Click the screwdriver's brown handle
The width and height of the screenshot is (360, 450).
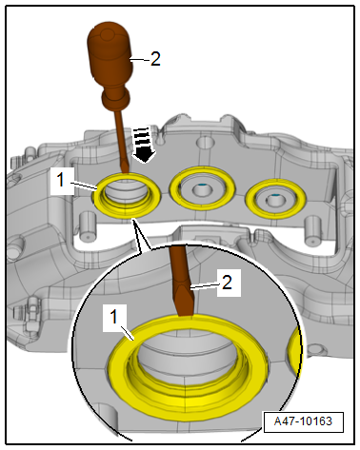click(110, 54)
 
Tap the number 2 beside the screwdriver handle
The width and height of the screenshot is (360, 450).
click(155, 59)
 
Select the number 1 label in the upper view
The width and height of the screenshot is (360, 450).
click(61, 180)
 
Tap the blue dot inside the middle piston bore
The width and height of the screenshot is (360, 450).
click(202, 185)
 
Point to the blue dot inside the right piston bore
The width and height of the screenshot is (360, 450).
click(275, 194)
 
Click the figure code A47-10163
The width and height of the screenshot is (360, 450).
click(303, 421)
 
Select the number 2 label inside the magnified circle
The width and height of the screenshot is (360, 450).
click(227, 283)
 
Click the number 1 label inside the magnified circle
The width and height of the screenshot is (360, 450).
click(113, 317)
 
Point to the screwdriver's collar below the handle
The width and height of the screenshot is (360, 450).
click(116, 97)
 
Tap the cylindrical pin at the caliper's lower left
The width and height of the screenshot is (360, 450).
click(87, 225)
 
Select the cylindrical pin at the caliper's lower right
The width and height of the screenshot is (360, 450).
click(312, 231)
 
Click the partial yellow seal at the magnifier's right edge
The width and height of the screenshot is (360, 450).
click(295, 350)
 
